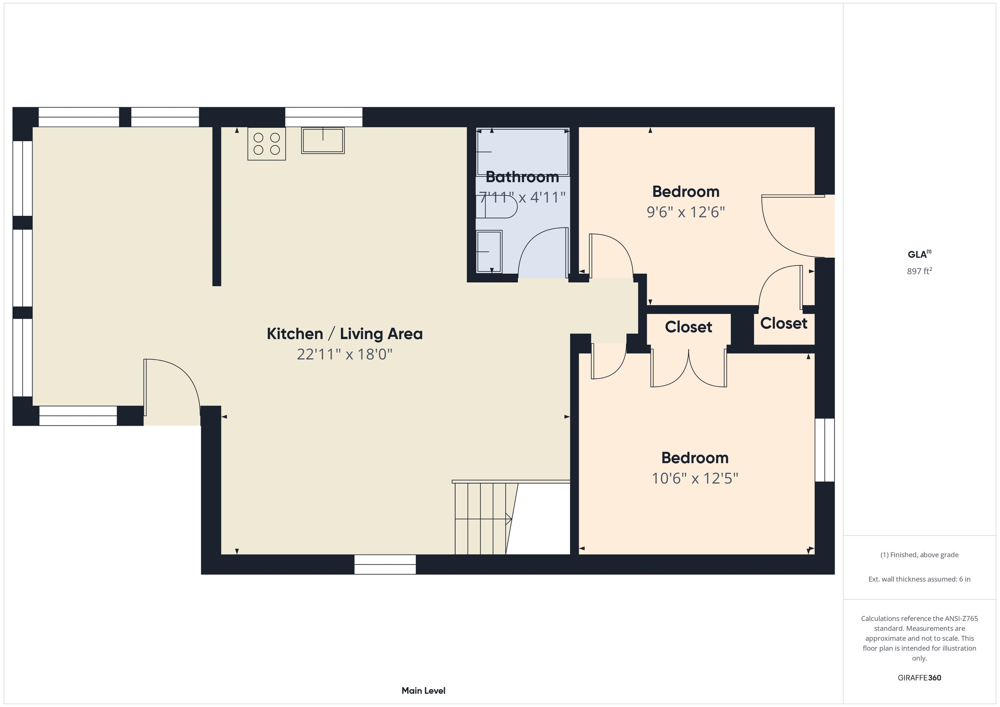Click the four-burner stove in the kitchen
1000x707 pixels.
point(267,144)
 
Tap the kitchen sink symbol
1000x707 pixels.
point(323,140)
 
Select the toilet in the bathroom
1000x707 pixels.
point(496,206)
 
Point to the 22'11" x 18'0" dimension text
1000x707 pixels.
point(344,354)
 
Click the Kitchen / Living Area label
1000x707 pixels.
point(344,334)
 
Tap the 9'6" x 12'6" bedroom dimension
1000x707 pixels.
point(686,212)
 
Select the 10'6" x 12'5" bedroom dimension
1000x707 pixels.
point(695,479)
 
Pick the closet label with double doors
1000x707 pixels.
point(688,327)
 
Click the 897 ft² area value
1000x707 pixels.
point(919,271)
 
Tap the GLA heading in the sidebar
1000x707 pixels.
point(919,254)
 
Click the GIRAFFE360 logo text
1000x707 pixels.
point(919,678)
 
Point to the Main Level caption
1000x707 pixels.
point(424,690)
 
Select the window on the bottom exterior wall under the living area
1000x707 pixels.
point(385,564)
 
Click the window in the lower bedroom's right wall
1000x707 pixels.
point(825,450)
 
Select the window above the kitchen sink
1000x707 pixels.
point(324,117)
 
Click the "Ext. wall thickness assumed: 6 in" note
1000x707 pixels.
point(919,579)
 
